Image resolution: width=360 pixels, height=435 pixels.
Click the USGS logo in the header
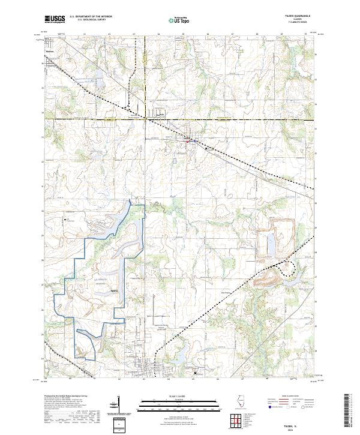coord(55,20)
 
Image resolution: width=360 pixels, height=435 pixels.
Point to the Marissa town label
coord(50,52)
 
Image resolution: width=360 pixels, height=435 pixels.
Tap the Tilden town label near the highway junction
coord(160,113)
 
